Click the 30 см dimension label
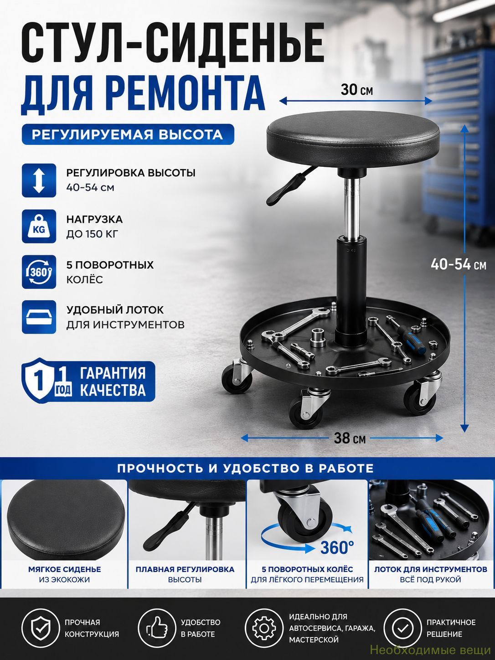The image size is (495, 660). [356, 90]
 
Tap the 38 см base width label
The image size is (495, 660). [350, 438]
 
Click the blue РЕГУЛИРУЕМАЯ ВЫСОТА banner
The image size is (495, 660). [128, 134]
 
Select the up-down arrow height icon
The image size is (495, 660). [39, 180]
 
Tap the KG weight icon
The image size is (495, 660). [39, 227]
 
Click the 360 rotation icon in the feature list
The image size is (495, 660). [39, 272]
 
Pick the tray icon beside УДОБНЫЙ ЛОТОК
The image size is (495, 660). [39, 317]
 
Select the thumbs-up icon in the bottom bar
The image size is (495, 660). [157, 628]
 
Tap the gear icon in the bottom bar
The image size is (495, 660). [263, 628]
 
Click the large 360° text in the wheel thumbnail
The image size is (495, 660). [337, 547]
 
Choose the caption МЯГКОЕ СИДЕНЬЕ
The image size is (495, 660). [65, 569]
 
